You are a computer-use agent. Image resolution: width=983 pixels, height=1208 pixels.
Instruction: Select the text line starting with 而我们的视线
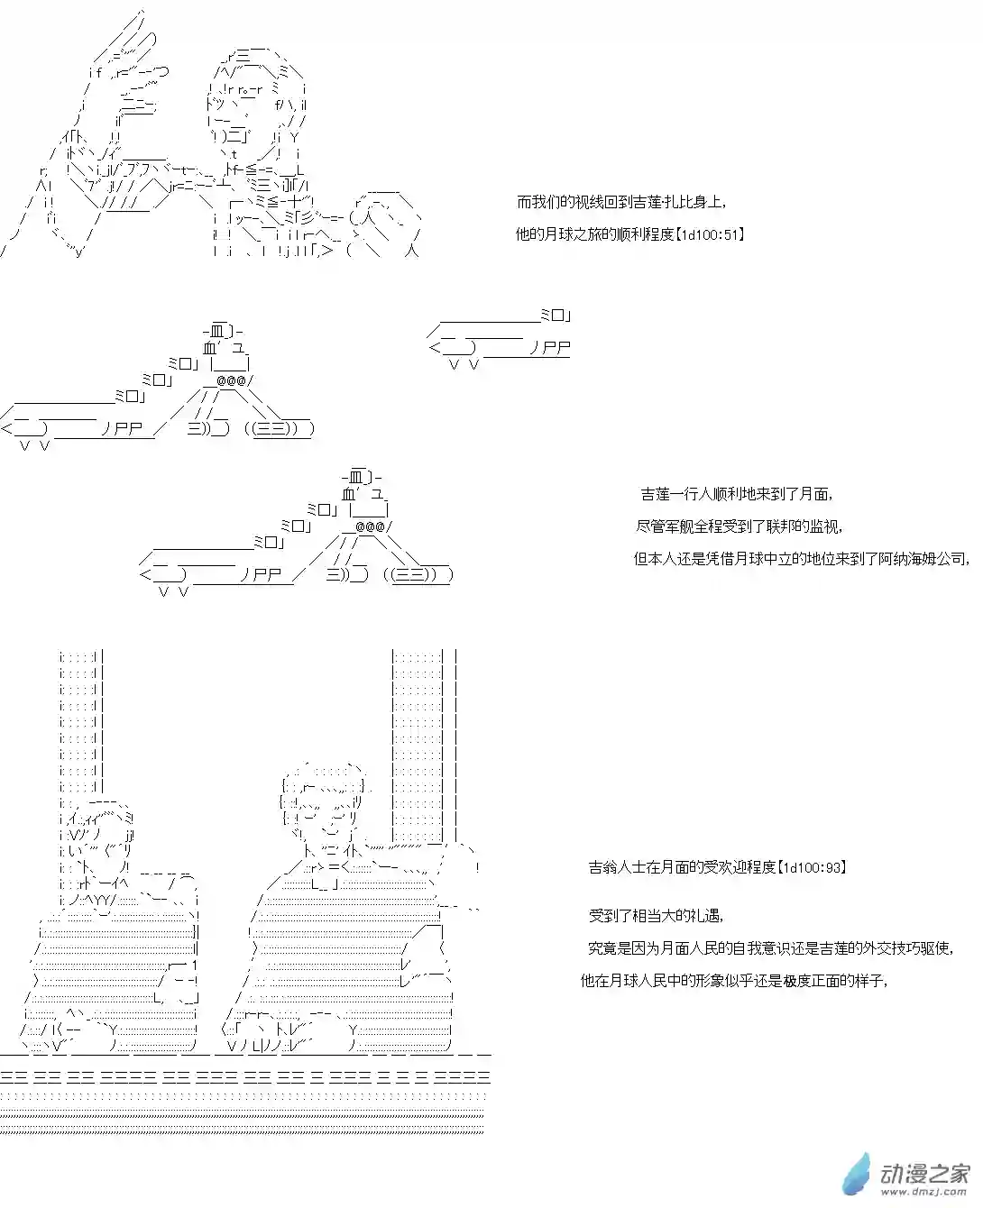(621, 203)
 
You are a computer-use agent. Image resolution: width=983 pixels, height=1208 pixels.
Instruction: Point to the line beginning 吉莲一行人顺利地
(736, 494)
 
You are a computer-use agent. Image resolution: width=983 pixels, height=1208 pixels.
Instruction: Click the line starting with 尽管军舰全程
(740, 526)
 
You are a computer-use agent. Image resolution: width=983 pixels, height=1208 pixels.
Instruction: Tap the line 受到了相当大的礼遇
(656, 916)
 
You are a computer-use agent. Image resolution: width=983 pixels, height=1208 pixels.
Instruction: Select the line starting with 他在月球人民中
(734, 981)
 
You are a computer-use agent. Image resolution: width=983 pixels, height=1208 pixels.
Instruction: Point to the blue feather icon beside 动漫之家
(857, 1174)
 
